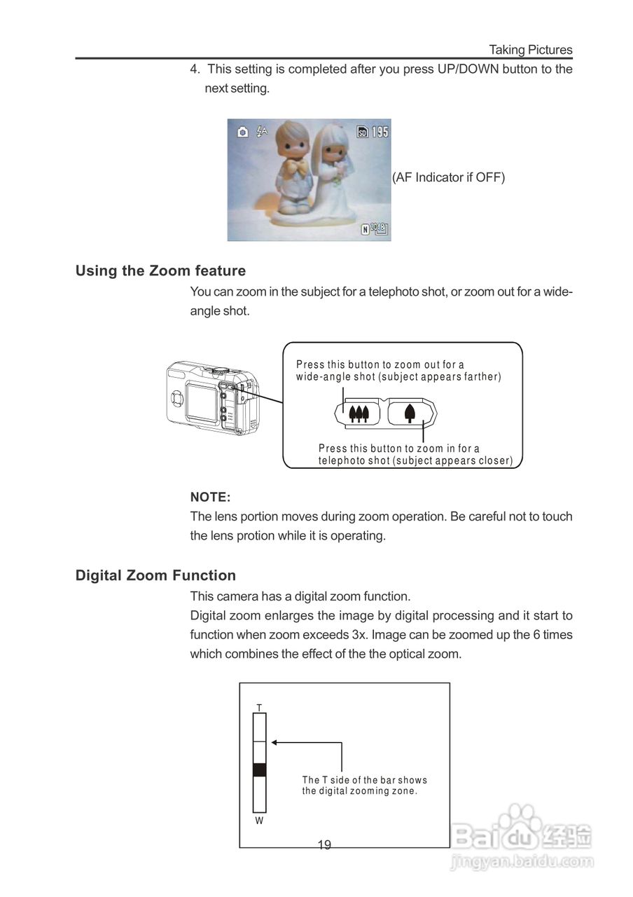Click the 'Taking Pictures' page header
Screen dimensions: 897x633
click(530, 50)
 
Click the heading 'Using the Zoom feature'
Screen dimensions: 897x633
click(160, 271)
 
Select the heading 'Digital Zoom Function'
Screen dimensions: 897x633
click(155, 575)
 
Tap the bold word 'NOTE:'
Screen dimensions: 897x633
click(210, 497)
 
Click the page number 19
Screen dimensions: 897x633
click(324, 844)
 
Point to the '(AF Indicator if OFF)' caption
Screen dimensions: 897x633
click(448, 177)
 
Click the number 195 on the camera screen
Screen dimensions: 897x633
click(380, 132)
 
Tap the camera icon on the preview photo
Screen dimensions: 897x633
click(242, 132)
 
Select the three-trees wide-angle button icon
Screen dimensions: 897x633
click(359, 413)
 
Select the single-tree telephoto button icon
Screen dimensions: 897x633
click(410, 413)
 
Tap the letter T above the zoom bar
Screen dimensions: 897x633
click(259, 708)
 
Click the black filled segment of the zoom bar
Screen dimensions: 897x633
click(259, 769)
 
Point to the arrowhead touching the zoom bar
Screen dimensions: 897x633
click(274, 742)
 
